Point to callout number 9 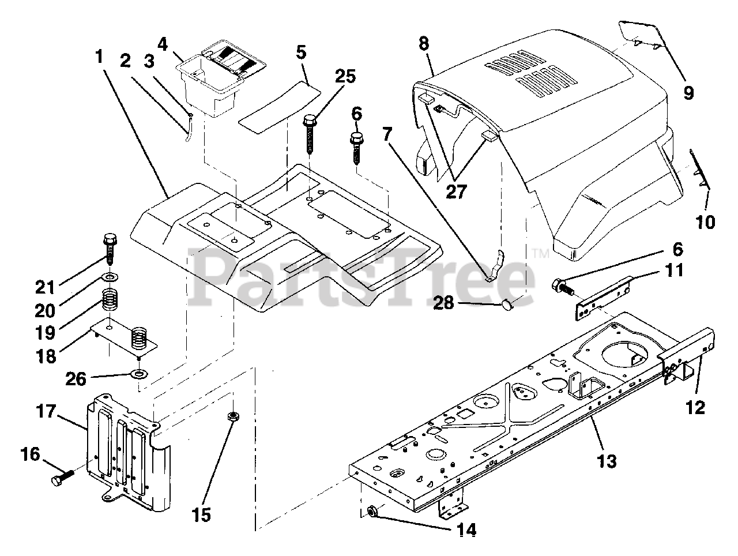click(688, 92)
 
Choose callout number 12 click(696, 407)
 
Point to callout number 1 click(99, 58)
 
